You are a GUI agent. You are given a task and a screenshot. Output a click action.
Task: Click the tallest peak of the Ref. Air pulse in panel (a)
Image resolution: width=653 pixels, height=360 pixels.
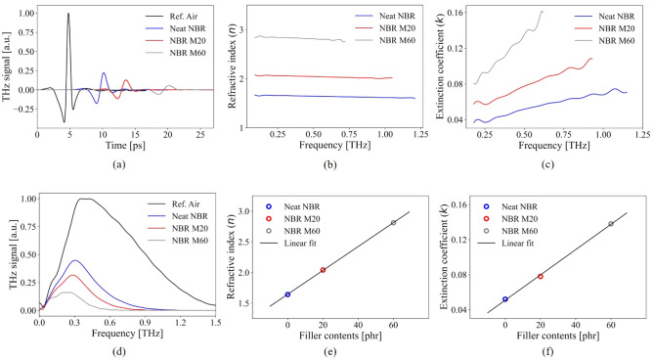pyautogui.click(x=68, y=15)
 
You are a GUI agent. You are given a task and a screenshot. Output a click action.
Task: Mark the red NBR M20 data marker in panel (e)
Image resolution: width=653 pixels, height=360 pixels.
pyautogui.click(x=323, y=270)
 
